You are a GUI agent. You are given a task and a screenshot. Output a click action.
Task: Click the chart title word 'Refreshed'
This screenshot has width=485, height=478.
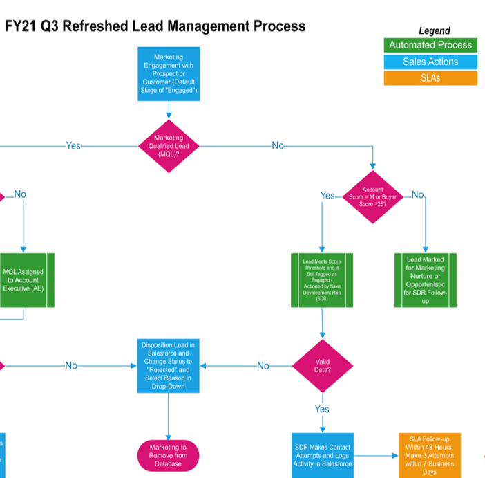[x=124, y=26]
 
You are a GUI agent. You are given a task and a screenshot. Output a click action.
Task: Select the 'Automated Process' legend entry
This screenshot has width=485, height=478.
[x=430, y=45]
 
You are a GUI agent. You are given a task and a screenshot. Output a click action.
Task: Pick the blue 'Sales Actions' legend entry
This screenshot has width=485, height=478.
[x=430, y=62]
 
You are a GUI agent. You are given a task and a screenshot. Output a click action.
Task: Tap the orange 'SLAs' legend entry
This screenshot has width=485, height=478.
[x=430, y=78]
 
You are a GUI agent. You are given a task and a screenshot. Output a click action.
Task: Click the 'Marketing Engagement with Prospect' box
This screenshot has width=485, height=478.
[x=169, y=73]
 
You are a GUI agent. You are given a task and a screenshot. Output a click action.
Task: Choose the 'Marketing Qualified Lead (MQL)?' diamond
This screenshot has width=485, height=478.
[x=169, y=146]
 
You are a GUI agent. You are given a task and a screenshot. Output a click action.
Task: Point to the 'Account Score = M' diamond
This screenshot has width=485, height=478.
[x=373, y=197]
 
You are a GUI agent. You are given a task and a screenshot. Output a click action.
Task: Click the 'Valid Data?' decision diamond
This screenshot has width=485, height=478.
[x=322, y=365]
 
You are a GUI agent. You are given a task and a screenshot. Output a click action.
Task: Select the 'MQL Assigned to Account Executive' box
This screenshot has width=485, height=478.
[x=23, y=280]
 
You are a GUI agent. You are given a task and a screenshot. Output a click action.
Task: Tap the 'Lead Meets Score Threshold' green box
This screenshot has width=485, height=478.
[x=322, y=280]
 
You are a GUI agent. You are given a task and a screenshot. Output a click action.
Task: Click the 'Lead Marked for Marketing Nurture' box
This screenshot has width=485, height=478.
[x=425, y=280]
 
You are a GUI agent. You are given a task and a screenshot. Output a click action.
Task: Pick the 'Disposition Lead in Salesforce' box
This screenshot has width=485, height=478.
[x=169, y=365]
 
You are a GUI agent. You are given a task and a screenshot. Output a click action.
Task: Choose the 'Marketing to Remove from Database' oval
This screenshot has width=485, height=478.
[x=169, y=455]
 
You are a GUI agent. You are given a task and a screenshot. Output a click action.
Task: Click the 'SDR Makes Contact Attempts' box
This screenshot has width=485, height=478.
[x=322, y=455]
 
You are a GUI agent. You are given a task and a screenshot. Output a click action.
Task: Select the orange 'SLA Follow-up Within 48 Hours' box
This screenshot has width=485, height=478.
[x=429, y=455]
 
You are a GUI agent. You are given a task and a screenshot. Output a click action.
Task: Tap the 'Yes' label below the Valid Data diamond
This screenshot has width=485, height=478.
[x=322, y=410]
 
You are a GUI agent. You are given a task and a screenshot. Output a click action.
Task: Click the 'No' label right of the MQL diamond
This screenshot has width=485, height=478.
[x=278, y=146]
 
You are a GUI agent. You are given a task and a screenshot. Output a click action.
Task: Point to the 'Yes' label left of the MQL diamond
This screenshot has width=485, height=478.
[x=73, y=146]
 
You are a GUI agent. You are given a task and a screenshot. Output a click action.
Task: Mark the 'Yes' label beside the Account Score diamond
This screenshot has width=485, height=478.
[x=327, y=196]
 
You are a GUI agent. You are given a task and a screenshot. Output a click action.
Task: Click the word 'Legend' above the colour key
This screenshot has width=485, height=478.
[x=434, y=30]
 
